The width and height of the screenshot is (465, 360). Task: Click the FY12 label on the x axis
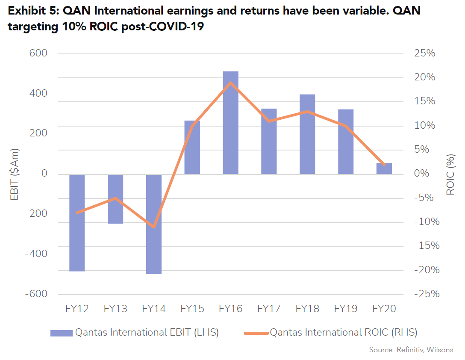77,309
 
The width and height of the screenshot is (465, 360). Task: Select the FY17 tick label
269,309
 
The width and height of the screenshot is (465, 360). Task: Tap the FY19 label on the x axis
346,309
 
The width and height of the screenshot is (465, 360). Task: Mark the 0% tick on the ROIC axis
424,174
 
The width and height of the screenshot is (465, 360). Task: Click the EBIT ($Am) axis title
15,174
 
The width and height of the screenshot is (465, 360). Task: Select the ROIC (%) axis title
450,174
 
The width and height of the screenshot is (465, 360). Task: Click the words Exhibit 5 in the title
32,11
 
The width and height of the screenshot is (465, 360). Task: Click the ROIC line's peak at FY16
230,83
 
